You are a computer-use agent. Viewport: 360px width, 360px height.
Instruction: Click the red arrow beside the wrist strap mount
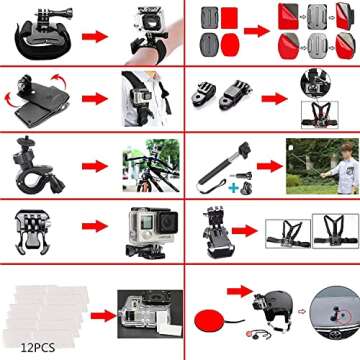click(92, 34)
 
